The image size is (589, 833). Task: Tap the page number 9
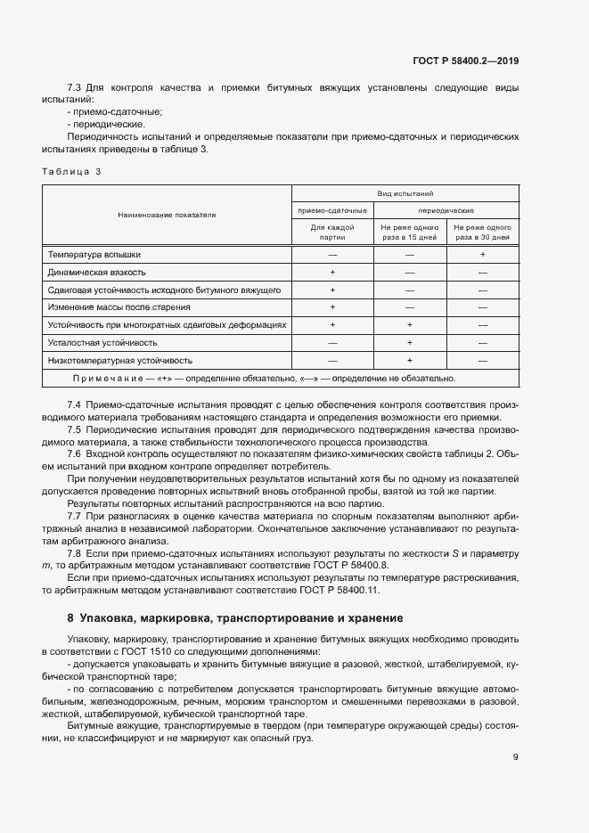coord(516,757)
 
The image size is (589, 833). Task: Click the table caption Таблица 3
coord(71,171)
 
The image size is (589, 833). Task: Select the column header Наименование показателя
coord(167,215)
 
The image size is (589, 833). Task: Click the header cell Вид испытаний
coord(405,192)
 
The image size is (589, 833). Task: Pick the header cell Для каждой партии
coord(332,233)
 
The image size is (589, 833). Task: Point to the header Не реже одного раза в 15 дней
coord(410,233)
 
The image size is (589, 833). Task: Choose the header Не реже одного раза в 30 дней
coord(482,233)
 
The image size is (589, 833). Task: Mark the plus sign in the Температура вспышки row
coord(482,255)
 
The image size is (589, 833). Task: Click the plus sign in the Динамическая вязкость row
coord(332,272)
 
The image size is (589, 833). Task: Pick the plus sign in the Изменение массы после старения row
coord(332,307)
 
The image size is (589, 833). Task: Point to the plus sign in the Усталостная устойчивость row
coord(410,342)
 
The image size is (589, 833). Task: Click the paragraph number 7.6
coord(75,453)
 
